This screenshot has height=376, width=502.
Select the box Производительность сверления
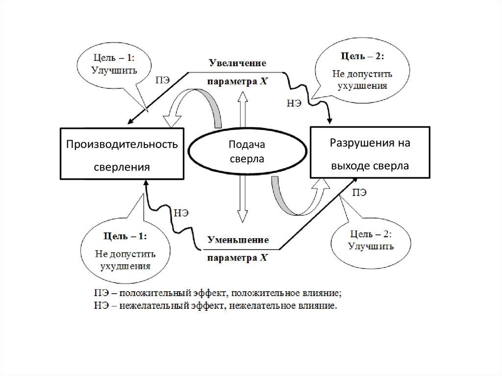click(122, 153)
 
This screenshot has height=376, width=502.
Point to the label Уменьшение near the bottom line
click(238, 240)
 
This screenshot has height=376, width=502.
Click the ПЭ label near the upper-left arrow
click(163, 81)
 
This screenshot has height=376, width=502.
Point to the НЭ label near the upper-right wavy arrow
click(294, 103)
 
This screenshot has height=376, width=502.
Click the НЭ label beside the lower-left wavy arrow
click(181, 213)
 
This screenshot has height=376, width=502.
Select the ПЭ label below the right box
click(359, 192)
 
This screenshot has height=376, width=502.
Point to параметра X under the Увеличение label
click(237, 81)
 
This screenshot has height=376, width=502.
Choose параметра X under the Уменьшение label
click(237, 258)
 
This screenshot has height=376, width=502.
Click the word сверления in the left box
click(122, 167)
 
